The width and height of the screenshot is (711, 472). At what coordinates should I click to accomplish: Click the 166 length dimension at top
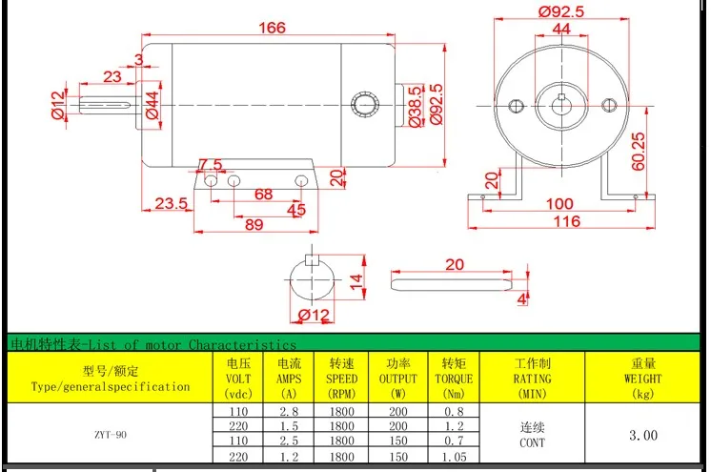pyautogui.click(x=272, y=28)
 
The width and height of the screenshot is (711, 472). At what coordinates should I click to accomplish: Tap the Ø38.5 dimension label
pyautogui.click(x=415, y=107)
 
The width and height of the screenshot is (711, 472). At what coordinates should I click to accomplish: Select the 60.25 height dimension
pyautogui.click(x=638, y=151)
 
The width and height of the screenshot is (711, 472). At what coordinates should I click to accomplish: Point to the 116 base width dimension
pyautogui.click(x=566, y=221)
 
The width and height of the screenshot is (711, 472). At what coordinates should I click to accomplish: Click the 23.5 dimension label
pyautogui.click(x=171, y=203)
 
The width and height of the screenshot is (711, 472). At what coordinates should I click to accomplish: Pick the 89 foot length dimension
pyautogui.click(x=254, y=224)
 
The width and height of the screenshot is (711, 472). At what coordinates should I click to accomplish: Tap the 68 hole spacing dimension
pyautogui.click(x=263, y=195)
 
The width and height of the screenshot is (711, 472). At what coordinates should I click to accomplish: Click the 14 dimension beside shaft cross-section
pyautogui.click(x=355, y=281)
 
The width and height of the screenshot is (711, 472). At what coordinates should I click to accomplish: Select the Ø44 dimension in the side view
pyautogui.click(x=152, y=105)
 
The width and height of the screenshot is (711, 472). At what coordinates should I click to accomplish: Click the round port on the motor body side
pyautogui.click(x=365, y=104)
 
